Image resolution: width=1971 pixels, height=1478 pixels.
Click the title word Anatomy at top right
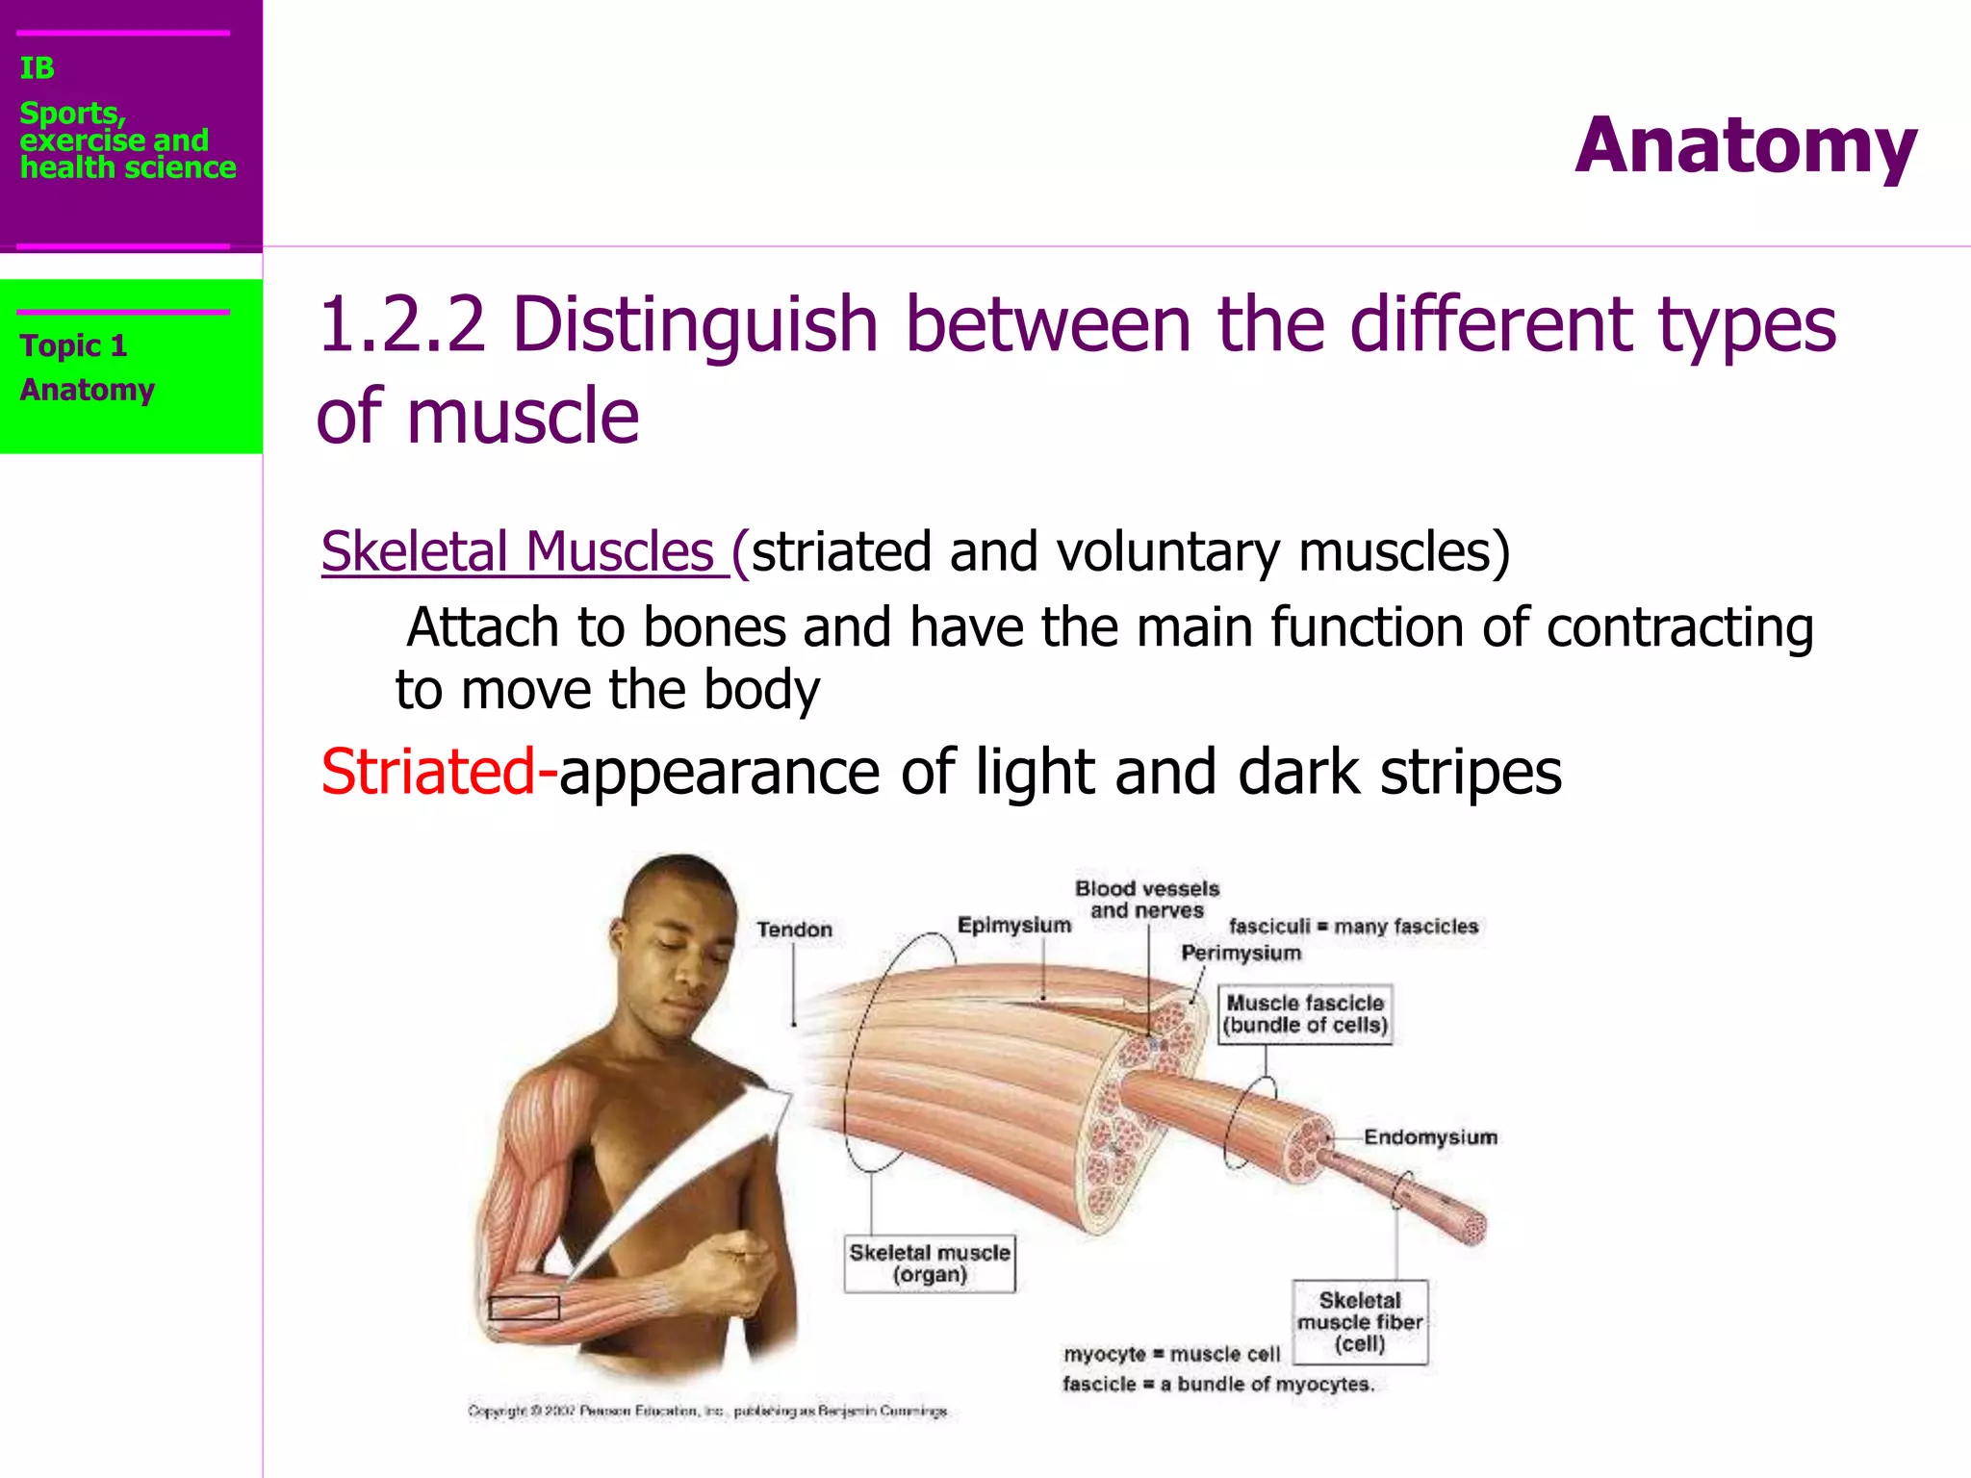coord(1745,146)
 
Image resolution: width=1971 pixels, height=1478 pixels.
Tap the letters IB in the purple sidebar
coord(37,68)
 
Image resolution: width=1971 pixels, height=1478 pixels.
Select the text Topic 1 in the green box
coord(73,345)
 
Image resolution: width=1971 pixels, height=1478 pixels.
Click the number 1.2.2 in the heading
coord(401,324)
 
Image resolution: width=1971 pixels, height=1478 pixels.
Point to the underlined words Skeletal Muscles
coord(518,552)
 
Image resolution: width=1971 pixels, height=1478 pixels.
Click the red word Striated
coord(427,772)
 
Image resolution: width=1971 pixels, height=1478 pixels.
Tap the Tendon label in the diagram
coord(794,930)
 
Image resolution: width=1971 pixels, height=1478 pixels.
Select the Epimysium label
coord(1013,925)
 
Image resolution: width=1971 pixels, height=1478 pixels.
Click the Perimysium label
coord(1241,953)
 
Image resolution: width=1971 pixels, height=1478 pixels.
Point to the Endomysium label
coord(1430,1137)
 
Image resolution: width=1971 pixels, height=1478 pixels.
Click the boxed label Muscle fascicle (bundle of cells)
coord(1305,1014)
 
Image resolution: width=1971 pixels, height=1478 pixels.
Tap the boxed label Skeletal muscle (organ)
coord(930,1263)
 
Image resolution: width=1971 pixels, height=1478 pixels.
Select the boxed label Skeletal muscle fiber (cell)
coord(1360,1322)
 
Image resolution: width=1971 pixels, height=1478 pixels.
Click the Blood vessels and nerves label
coord(1147,899)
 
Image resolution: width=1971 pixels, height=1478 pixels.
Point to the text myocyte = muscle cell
coord(1171,1354)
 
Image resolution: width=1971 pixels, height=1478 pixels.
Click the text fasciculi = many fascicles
coord(1353,926)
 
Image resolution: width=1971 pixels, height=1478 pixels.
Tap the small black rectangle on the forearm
coord(524,1308)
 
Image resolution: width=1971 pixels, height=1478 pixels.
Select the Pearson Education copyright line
coord(707,1411)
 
